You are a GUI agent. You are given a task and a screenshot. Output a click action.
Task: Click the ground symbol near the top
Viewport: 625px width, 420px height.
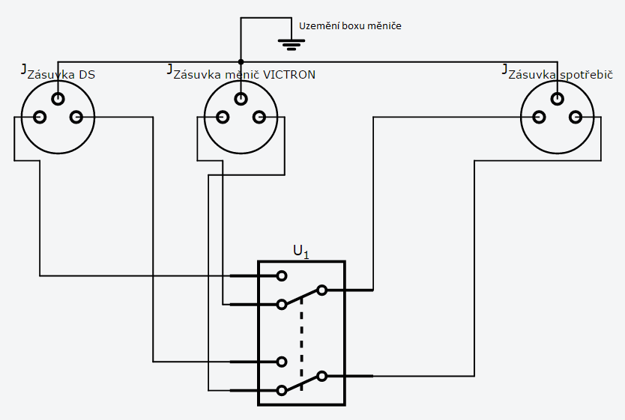tap(292, 44)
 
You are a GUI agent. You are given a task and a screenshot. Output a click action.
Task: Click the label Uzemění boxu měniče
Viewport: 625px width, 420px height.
tap(350, 26)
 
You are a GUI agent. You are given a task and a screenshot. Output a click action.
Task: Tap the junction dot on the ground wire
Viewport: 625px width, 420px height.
tap(241, 61)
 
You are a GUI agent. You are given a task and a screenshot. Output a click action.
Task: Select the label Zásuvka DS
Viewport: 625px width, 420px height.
tap(61, 75)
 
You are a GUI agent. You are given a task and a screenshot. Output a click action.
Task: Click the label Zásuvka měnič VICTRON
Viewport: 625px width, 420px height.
tap(244, 75)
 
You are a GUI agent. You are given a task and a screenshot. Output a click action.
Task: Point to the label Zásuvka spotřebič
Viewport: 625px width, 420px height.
tap(561, 75)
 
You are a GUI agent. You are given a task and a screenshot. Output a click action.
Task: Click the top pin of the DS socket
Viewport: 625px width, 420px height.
tap(58, 99)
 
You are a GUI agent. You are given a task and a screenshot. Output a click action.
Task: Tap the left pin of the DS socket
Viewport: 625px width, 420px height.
tap(40, 117)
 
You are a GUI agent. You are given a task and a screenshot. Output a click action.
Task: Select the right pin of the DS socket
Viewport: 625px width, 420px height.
tap(76, 117)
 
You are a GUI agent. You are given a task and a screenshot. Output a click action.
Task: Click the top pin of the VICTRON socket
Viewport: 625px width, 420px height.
tap(241, 99)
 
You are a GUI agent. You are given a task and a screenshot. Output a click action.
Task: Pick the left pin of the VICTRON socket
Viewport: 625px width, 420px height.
tap(223, 117)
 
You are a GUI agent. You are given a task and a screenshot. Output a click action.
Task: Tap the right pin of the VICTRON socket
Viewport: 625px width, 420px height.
tap(259, 117)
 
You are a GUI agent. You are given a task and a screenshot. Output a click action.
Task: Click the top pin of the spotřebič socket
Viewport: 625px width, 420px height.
tap(558, 99)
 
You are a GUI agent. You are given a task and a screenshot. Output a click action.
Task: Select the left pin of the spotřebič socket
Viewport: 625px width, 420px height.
tap(539, 117)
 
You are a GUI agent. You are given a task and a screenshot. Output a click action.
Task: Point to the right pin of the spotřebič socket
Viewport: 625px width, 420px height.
tap(576, 117)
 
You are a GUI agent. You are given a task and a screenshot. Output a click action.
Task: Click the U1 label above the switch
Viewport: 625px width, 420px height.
tap(301, 252)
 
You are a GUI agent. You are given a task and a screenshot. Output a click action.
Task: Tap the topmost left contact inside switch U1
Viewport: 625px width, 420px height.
tap(282, 276)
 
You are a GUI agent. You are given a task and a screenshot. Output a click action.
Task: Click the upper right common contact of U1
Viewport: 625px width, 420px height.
tap(322, 290)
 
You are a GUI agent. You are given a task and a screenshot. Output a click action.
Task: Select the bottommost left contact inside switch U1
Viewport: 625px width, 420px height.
tap(282, 391)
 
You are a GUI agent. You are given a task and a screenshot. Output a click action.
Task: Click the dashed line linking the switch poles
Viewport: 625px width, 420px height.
tap(301, 343)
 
